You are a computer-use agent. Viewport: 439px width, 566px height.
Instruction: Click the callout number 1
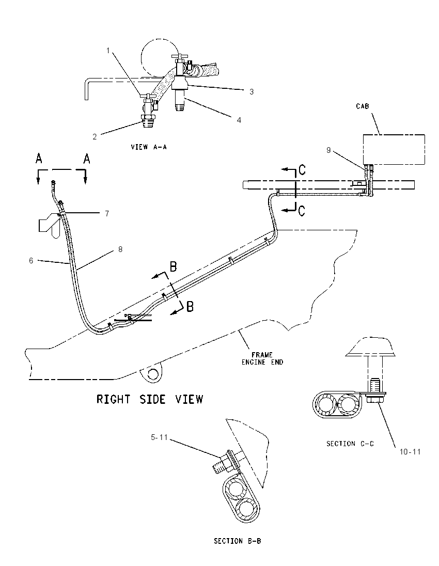(x=108, y=51)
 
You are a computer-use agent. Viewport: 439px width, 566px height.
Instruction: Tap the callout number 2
(x=95, y=137)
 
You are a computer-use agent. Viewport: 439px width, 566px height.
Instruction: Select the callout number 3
(x=252, y=92)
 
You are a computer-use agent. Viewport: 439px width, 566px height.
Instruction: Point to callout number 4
(x=239, y=120)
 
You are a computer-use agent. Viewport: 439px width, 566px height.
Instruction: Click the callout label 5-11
(x=159, y=437)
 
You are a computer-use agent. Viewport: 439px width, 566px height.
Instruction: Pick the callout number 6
(x=31, y=260)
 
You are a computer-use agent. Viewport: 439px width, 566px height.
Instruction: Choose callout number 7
(x=107, y=214)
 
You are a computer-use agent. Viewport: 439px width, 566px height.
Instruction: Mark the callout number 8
(x=120, y=249)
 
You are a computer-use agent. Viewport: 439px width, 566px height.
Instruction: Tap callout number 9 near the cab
(x=328, y=150)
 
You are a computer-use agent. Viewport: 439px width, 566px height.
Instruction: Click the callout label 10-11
(x=410, y=451)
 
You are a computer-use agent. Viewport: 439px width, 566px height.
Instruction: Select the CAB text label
(x=363, y=106)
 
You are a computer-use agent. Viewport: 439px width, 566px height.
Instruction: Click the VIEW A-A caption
(x=149, y=147)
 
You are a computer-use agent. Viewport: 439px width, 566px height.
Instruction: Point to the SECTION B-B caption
(x=238, y=541)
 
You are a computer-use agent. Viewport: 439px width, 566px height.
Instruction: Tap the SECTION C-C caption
(x=350, y=444)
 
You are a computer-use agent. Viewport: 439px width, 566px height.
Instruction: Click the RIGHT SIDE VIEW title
(x=150, y=399)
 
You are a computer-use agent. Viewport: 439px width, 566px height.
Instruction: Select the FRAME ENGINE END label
(x=262, y=358)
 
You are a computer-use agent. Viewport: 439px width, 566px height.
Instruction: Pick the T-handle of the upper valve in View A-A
(x=178, y=57)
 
